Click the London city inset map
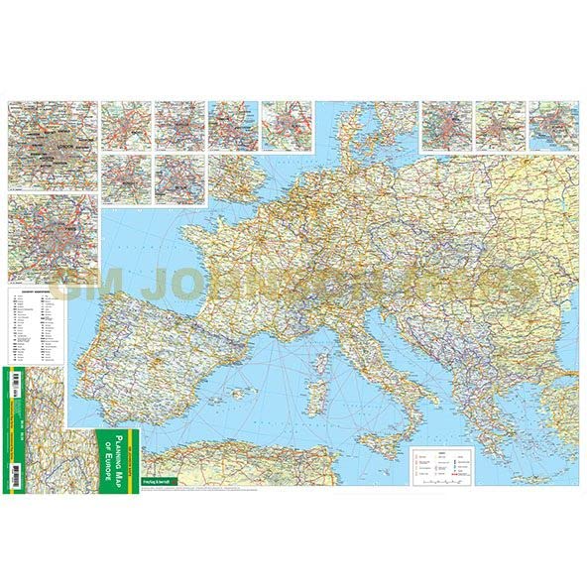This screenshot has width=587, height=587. point(54,145)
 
